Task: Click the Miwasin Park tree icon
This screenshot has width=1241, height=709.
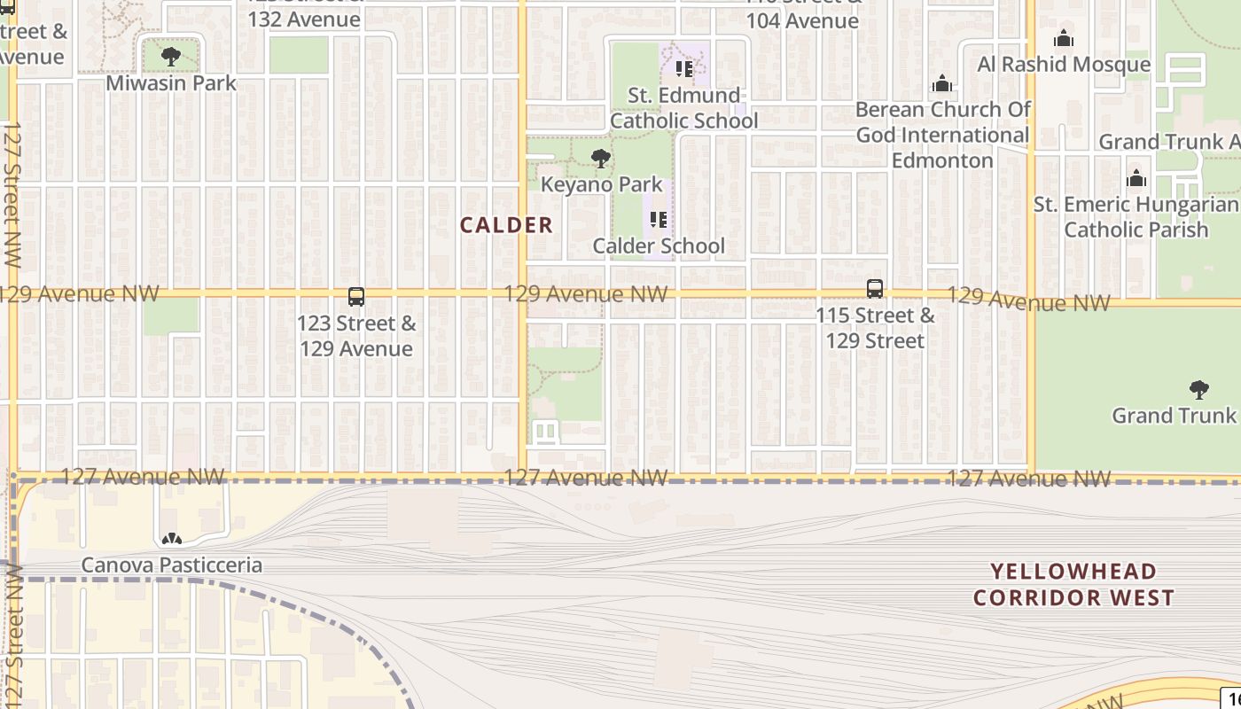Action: point(171,57)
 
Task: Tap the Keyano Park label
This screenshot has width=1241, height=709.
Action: point(602,184)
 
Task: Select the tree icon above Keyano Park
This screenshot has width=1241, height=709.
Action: point(601,160)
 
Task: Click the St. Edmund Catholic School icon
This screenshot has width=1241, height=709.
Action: point(683,68)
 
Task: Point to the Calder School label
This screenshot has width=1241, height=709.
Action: point(659,245)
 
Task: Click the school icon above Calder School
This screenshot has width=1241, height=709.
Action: point(658,219)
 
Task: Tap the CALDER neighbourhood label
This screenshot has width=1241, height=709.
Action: point(506,225)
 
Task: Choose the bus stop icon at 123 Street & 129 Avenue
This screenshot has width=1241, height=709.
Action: point(356,297)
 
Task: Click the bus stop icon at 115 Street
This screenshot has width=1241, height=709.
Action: point(875,289)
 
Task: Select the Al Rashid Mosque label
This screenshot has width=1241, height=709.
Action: point(1064,64)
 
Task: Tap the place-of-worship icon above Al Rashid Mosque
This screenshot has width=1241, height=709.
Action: point(1064,38)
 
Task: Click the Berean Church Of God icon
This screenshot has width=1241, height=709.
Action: point(942,83)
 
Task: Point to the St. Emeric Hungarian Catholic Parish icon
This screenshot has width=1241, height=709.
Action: point(1136,178)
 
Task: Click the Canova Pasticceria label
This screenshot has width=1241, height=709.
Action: point(172,565)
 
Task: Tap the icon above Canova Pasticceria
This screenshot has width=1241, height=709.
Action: point(171,539)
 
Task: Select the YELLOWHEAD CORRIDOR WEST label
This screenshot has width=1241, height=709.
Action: point(1073,584)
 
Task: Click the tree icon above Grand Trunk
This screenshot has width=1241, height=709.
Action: point(1198,389)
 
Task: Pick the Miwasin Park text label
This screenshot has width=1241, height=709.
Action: point(171,82)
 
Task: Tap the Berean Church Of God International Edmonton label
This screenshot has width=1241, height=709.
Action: point(942,135)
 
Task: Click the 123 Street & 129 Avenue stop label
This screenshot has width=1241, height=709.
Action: point(356,336)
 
